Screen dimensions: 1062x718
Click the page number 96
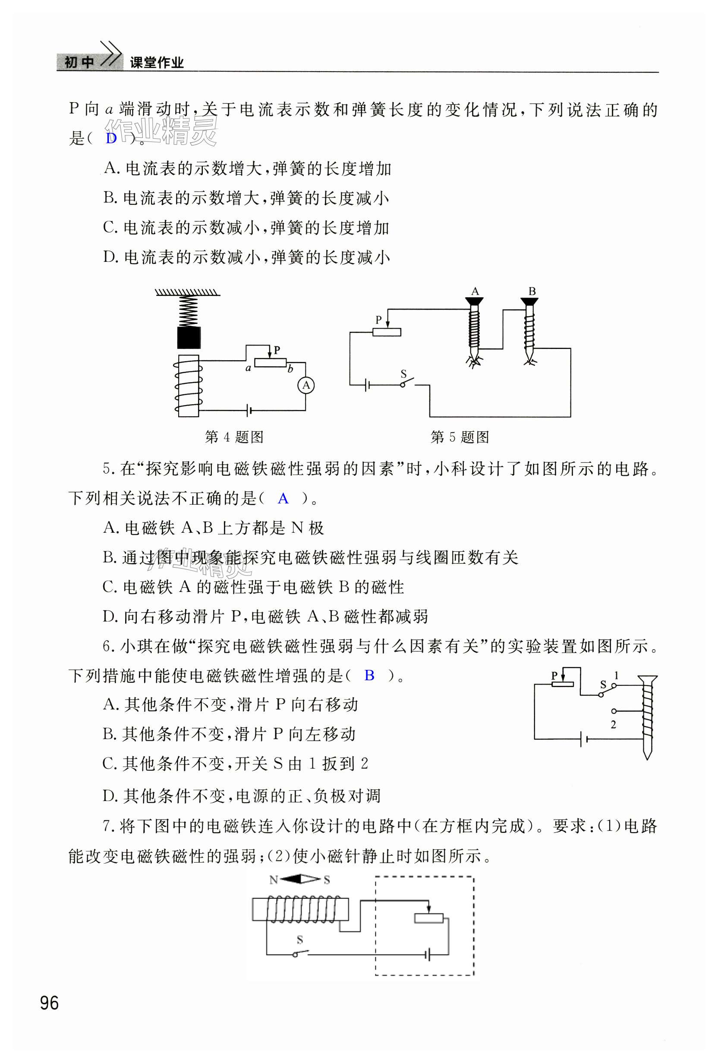click(49, 1003)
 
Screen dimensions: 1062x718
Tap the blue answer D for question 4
click(111, 138)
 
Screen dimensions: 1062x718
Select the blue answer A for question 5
click(283, 498)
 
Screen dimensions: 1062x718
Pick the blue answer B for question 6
click(369, 676)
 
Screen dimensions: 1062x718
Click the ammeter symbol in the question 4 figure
click(306, 385)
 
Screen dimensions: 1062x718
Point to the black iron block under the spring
click(189, 338)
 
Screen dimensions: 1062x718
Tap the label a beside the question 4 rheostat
click(248, 368)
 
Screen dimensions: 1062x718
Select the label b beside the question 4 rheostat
click(290, 368)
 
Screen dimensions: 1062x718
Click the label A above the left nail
click(475, 291)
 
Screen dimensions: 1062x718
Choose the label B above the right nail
click(532, 291)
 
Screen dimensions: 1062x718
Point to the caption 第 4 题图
click(234, 437)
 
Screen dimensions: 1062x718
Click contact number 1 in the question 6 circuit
click(616, 676)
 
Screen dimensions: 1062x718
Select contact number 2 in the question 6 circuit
click(613, 724)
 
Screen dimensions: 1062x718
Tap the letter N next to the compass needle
click(273, 880)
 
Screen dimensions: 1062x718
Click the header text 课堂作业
click(157, 63)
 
